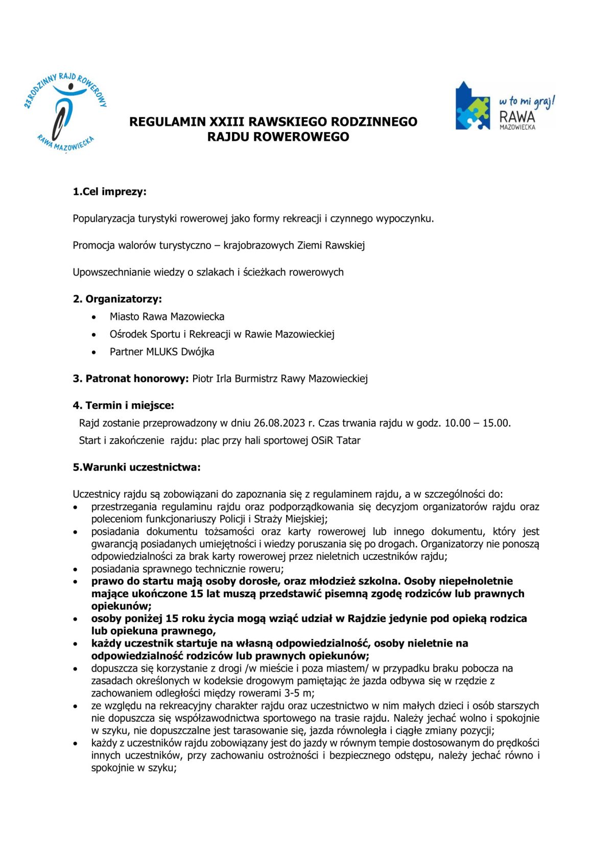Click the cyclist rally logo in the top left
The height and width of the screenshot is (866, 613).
pos(65,112)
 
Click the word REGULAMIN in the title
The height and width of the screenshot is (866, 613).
pos(168,122)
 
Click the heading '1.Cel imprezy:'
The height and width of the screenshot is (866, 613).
pos(109,192)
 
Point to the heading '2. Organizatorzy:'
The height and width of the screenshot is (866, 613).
pos(117,299)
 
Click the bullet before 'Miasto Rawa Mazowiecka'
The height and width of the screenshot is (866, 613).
pos(93,317)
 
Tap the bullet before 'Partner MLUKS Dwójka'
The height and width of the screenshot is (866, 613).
pos(93,353)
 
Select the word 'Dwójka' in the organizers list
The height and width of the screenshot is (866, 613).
pos(197,352)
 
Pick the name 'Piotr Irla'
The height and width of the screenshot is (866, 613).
pos(212,379)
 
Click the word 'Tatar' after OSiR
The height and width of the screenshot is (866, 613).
pos(348,440)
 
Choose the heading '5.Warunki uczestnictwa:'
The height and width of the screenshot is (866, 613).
pos(136,467)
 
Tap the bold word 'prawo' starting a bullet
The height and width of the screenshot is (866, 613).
pos(106,581)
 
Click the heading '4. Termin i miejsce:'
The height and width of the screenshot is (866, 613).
pos(123,406)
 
